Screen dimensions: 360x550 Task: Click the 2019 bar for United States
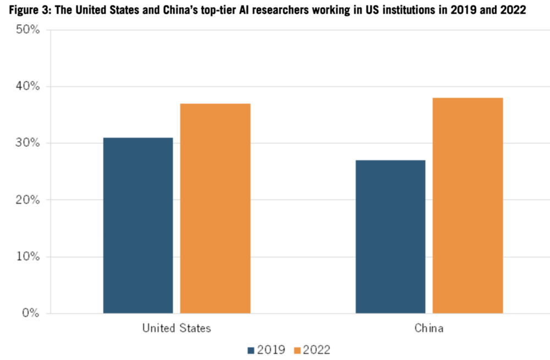(x=138, y=225)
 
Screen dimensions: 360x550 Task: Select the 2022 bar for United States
(x=215, y=208)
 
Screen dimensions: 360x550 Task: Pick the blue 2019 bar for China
(x=391, y=236)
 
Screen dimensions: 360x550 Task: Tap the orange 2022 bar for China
(x=468, y=206)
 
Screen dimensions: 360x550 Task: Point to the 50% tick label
(x=28, y=30)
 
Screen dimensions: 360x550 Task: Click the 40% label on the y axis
(x=28, y=86)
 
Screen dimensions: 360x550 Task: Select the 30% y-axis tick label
(x=28, y=143)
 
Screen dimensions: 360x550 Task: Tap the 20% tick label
(x=28, y=200)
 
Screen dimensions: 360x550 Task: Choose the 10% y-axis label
(x=28, y=257)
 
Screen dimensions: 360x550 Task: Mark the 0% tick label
(x=30, y=313)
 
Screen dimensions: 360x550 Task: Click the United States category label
(x=177, y=329)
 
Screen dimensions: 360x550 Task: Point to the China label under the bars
(x=429, y=329)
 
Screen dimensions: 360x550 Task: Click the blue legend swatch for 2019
(x=252, y=350)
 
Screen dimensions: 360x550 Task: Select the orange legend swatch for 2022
(x=297, y=350)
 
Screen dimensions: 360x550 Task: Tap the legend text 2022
(x=316, y=350)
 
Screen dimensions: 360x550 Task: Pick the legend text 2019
(x=271, y=350)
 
